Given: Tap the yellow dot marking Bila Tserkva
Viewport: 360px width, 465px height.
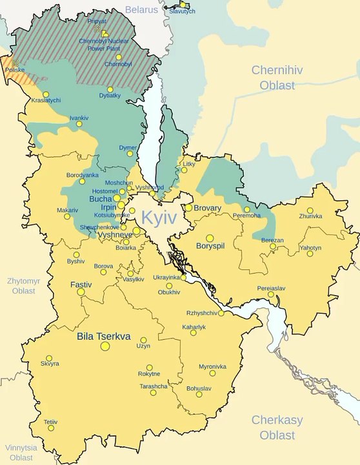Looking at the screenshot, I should pyautogui.click(x=105, y=346).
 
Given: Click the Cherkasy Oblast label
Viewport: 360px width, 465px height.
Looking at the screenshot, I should pyautogui.click(x=277, y=426).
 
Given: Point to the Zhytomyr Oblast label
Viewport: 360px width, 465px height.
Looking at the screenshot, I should pyautogui.click(x=24, y=286).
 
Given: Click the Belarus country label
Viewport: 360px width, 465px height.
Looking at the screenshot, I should pyautogui.click(x=141, y=10).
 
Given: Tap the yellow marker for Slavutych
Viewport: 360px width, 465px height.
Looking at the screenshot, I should pyautogui.click(x=183, y=5).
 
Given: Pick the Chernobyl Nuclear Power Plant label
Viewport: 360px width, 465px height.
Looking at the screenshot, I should pyautogui.click(x=105, y=44).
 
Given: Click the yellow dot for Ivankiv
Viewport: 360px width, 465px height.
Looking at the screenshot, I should pyautogui.click(x=79, y=124).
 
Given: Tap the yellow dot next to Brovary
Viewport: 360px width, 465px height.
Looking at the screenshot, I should pyautogui.click(x=188, y=208).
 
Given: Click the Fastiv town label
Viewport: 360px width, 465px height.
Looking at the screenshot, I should pyautogui.click(x=81, y=284).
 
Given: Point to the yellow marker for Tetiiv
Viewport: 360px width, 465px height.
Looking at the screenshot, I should pyautogui.click(x=51, y=428).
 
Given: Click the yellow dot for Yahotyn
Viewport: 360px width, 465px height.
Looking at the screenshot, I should pyautogui.click(x=310, y=254).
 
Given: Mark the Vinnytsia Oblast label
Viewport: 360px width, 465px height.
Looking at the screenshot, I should pyautogui.click(x=21, y=452).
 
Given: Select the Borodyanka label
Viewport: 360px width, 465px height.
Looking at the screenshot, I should pyautogui.click(x=83, y=175).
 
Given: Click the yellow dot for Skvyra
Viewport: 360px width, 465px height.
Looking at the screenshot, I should pyautogui.click(x=49, y=358).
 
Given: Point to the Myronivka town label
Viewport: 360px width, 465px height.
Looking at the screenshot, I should pyautogui.click(x=212, y=366).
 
